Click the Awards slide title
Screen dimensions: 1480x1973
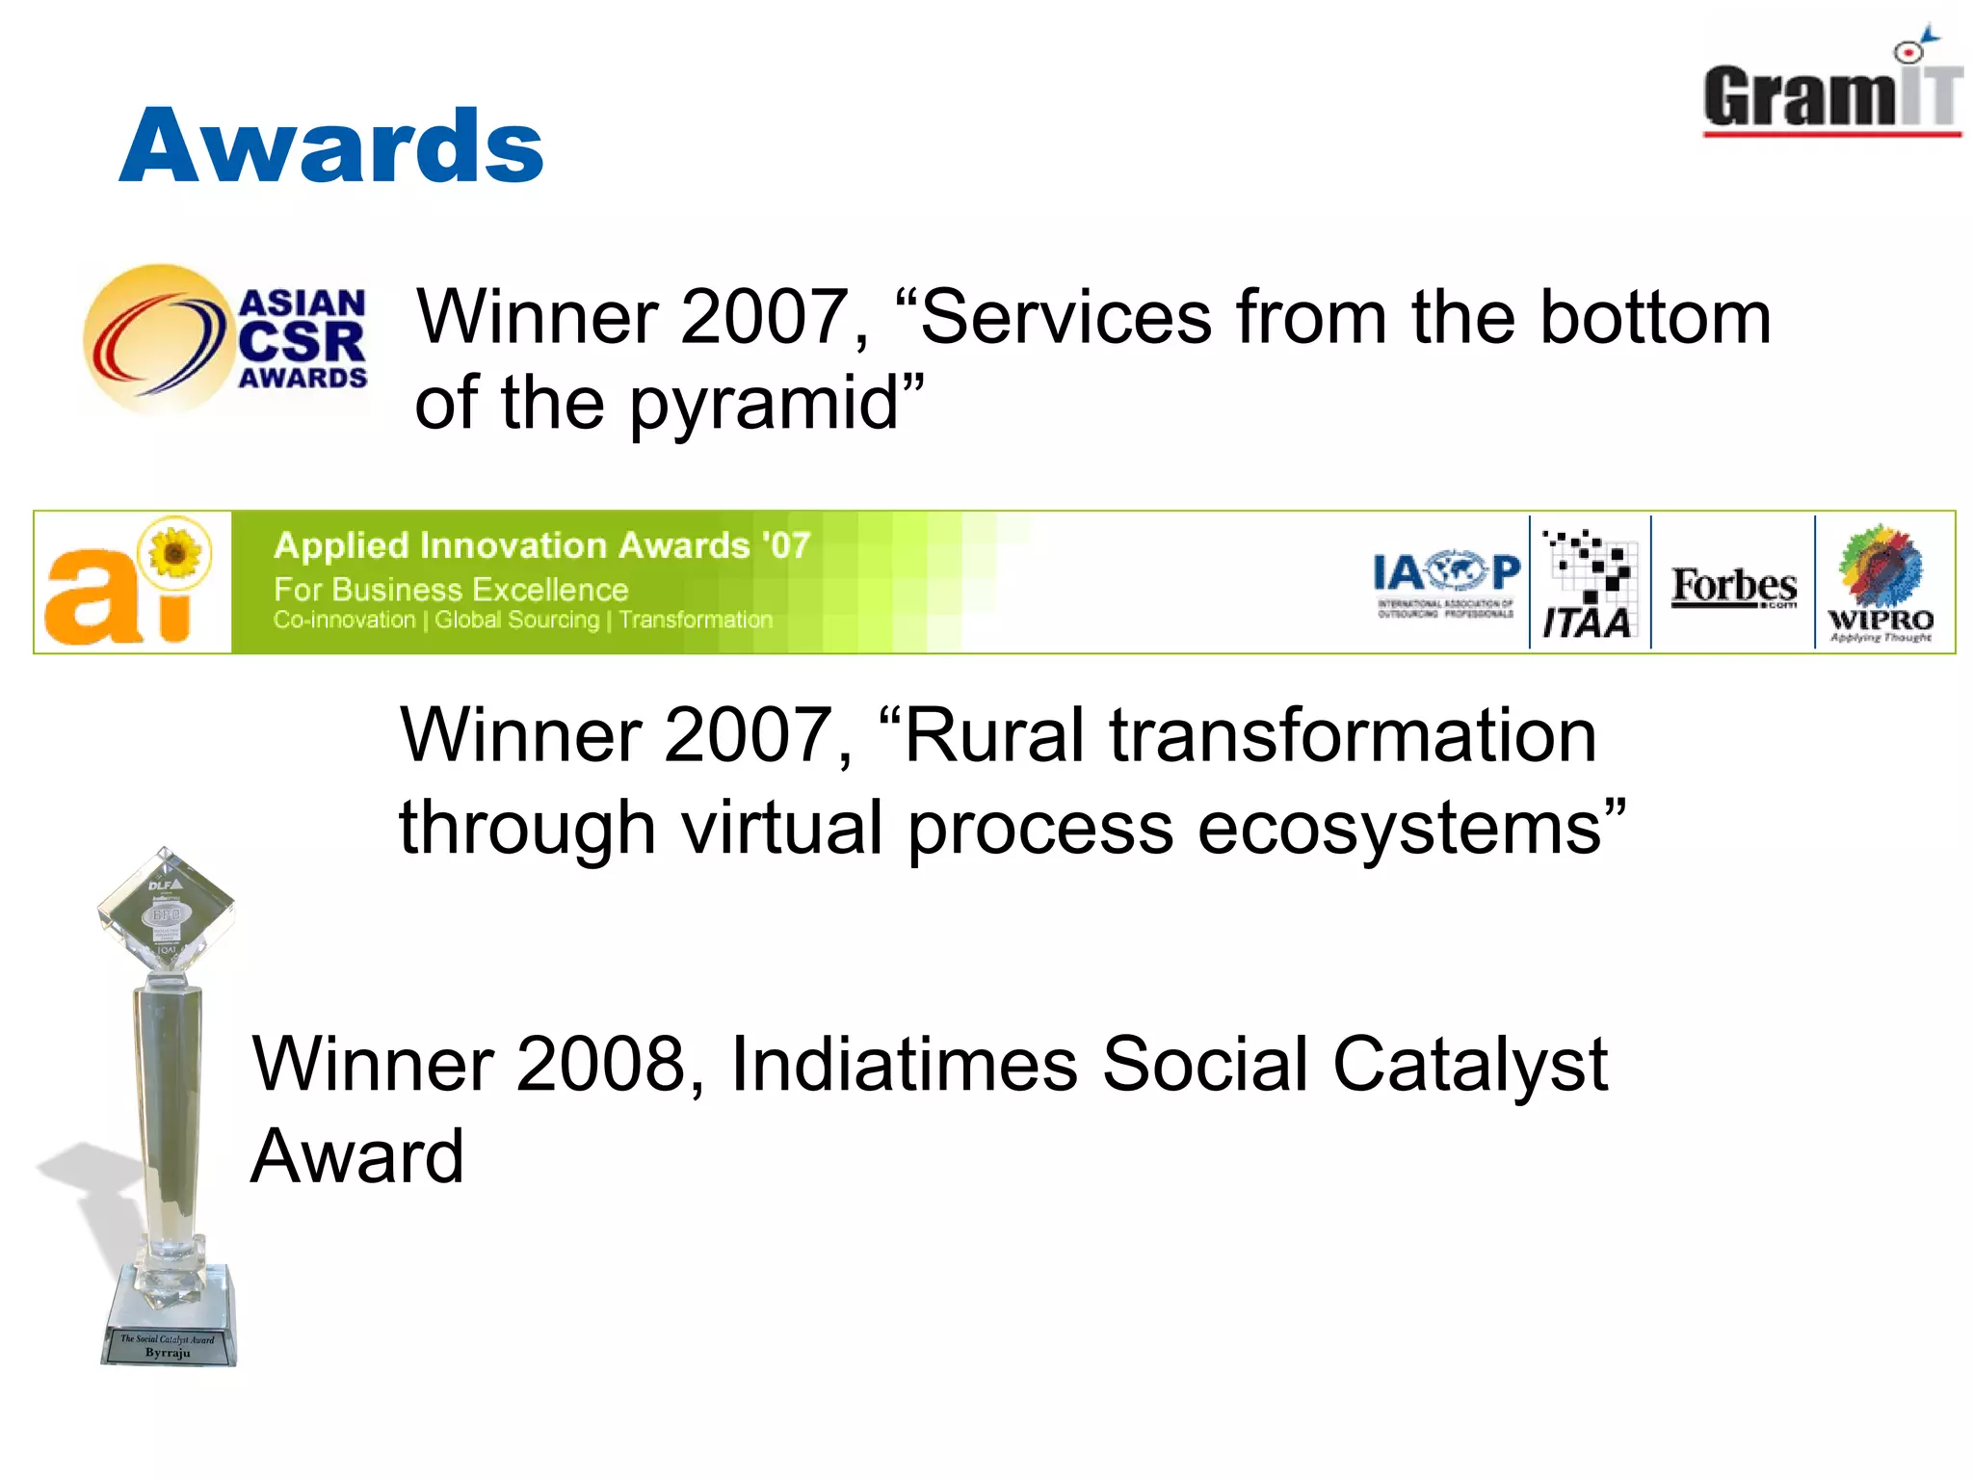coord(331,146)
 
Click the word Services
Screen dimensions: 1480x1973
coord(1065,317)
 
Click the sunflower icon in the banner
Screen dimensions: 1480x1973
coord(175,553)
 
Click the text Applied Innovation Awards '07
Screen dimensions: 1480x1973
coord(541,545)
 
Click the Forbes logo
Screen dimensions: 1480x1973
coord(1733,586)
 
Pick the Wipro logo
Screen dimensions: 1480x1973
coord(1881,584)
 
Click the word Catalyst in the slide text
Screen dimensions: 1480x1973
coord(1470,1065)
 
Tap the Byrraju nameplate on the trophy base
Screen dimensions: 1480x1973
coord(168,1347)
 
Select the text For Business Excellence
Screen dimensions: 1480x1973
coord(451,590)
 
